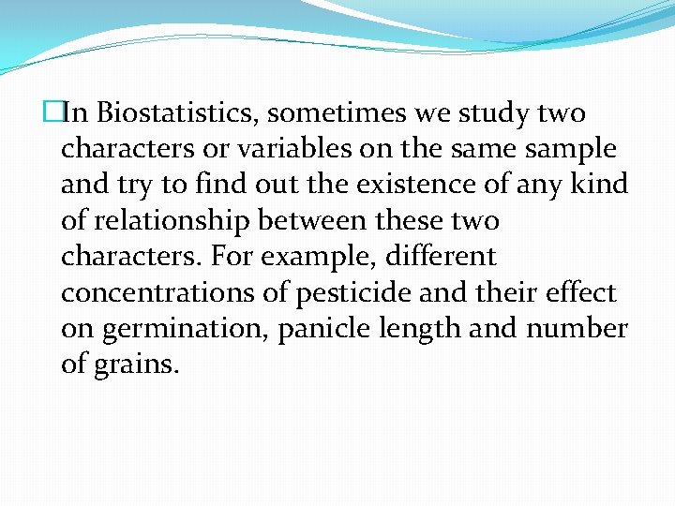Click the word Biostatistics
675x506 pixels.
177,113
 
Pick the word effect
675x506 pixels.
581,292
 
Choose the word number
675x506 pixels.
576,329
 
